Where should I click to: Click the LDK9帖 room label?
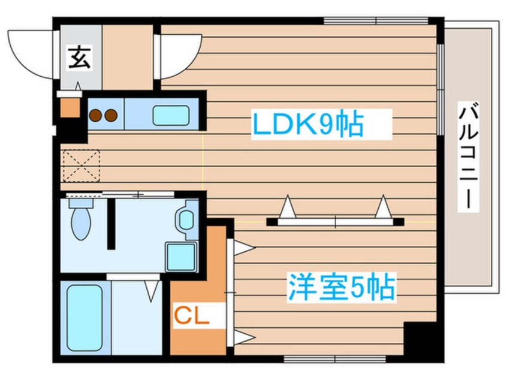(307, 125)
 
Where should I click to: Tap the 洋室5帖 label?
(342, 288)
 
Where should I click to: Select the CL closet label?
(192, 315)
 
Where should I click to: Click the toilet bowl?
(80, 224)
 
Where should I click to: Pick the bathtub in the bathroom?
(84, 317)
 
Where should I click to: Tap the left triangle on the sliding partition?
(289, 209)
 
